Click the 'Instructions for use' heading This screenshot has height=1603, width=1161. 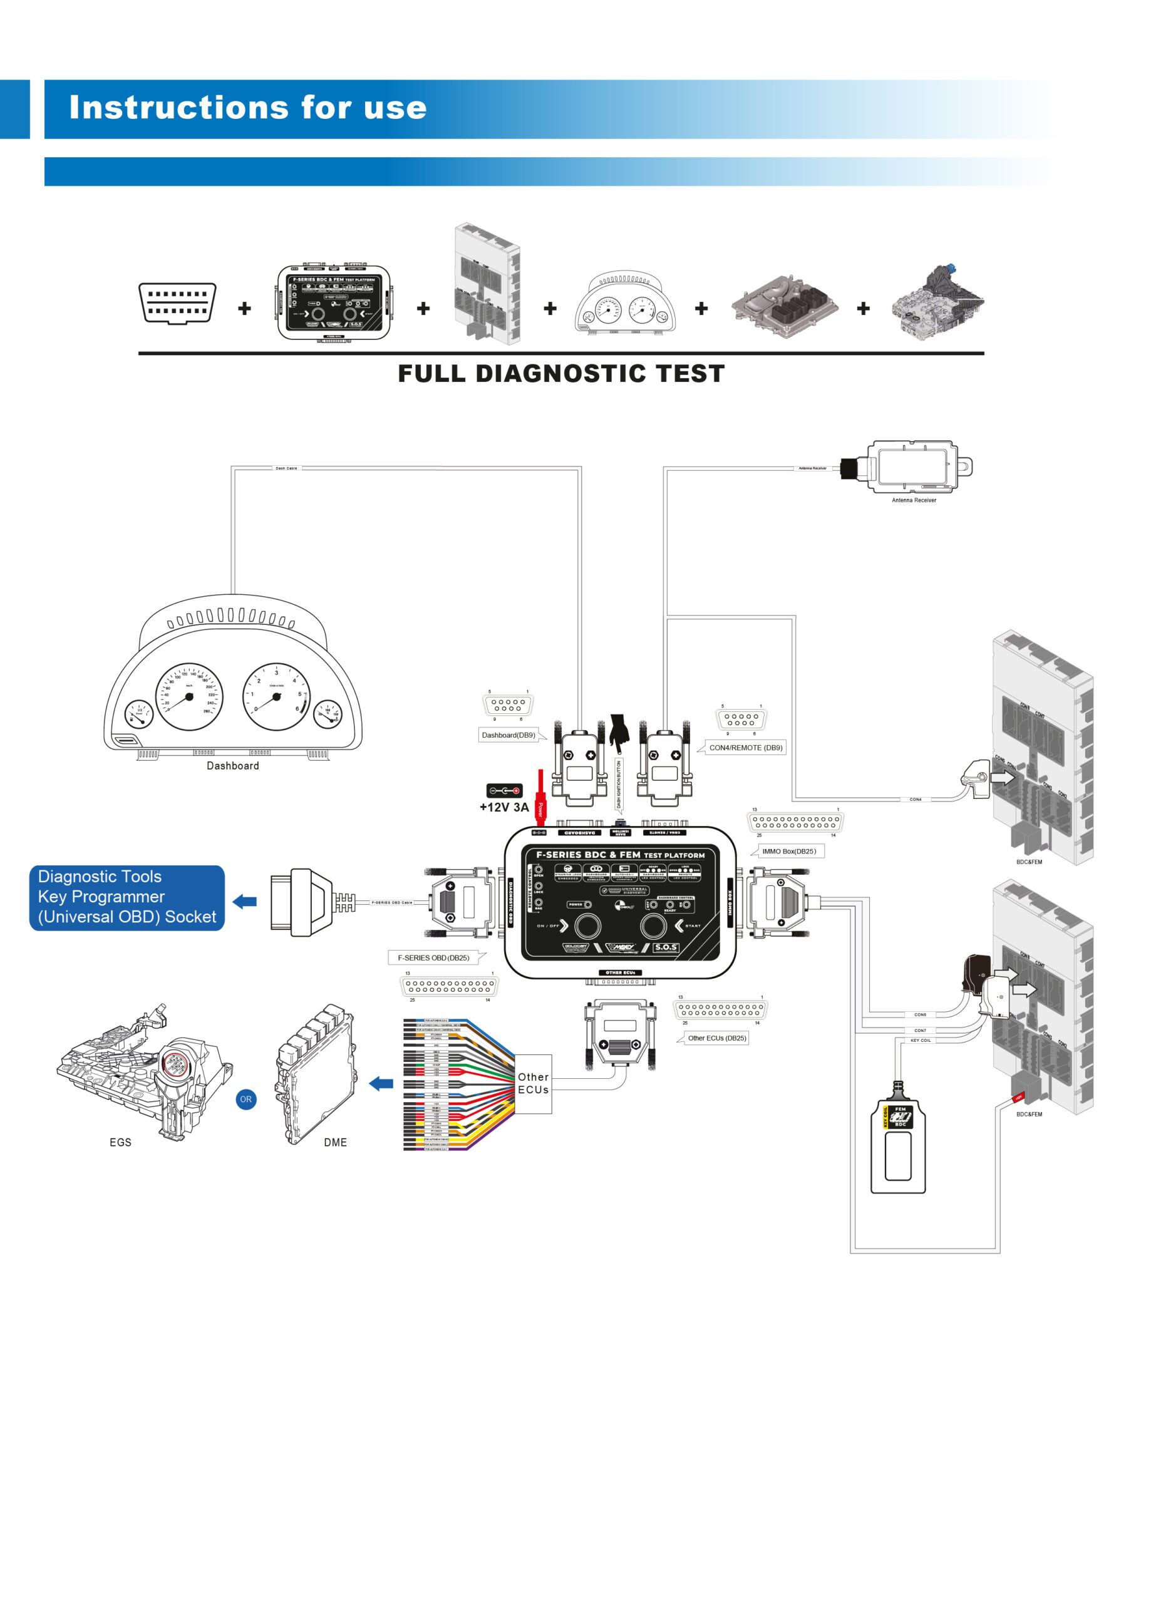coord(247,108)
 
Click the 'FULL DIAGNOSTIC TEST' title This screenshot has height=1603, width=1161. coord(561,373)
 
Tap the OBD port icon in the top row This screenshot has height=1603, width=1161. coord(177,303)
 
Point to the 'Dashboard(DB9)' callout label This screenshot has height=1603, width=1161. coord(508,735)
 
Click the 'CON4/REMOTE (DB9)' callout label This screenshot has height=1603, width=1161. coord(745,747)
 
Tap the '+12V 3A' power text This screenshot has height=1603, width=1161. coord(504,807)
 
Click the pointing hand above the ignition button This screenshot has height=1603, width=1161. coord(619,734)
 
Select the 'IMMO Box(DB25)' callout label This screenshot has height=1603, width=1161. coord(788,851)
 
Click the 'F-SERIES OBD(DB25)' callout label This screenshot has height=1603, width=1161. coord(433,957)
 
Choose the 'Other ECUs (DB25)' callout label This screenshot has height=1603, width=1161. coord(716,1038)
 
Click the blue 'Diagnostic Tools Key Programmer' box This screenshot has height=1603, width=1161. coord(127,897)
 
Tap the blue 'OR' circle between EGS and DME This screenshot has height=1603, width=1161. coord(246,1099)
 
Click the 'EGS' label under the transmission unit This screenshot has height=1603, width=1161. coord(120,1142)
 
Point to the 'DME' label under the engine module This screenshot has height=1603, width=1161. coord(335,1142)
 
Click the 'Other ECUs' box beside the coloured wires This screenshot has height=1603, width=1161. coord(533,1083)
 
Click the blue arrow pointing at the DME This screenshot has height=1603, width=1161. coord(381,1083)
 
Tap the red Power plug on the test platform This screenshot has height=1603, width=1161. coord(540,795)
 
